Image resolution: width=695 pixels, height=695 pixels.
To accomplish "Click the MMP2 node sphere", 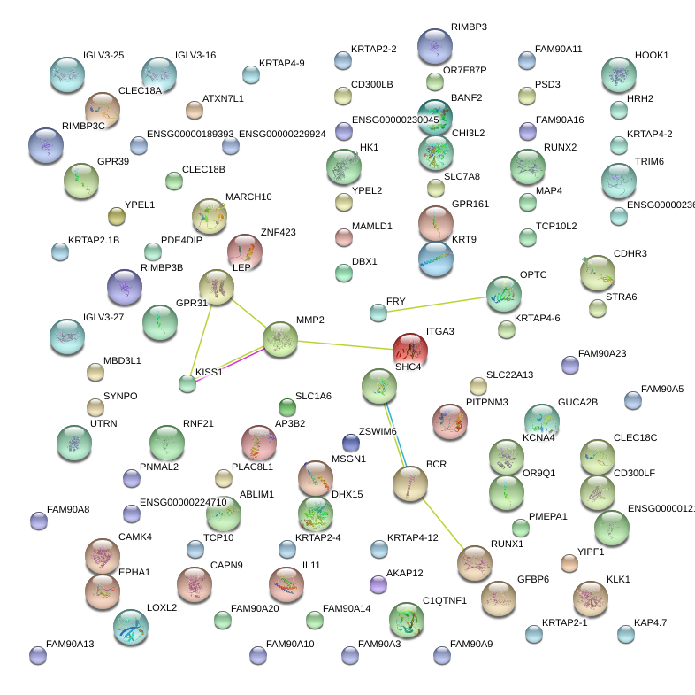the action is (280, 339).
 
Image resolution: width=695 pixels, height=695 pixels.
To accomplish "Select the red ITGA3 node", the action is (409, 350).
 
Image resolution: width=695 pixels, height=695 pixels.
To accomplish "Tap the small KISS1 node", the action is (187, 383).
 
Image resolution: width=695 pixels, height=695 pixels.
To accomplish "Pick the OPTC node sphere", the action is (503, 295).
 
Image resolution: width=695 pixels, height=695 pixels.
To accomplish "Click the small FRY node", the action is (378, 312).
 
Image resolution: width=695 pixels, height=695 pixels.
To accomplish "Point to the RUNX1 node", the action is (475, 562).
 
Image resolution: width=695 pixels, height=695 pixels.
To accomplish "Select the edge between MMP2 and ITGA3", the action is (345, 344).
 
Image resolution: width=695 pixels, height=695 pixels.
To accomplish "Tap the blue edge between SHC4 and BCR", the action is (394, 434).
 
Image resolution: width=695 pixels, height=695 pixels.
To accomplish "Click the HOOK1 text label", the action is (652, 55).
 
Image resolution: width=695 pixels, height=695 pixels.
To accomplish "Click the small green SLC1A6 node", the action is (286, 407).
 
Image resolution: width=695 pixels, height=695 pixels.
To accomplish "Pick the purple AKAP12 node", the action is (378, 584).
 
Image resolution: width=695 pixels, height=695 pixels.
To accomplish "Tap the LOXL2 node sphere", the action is (131, 626).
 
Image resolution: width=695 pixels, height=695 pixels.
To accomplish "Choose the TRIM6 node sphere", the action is (618, 180).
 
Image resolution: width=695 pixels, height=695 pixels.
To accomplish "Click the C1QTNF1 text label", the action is (444, 600).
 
